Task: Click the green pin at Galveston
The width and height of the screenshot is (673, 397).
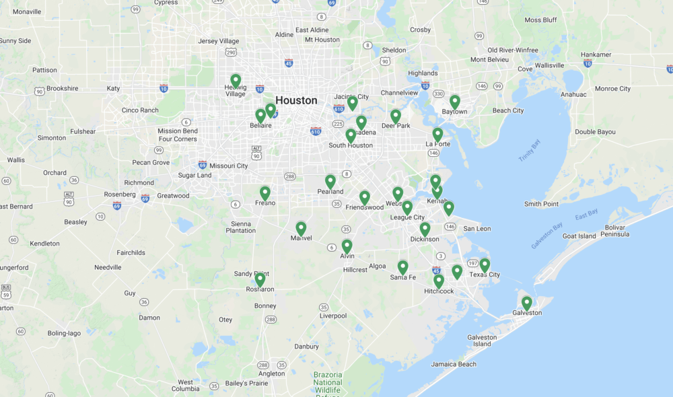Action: pos(526,302)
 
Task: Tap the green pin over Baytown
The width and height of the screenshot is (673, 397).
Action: pos(455,101)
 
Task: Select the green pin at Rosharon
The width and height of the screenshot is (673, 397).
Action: pos(260,279)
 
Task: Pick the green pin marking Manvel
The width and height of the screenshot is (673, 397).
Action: pos(301,228)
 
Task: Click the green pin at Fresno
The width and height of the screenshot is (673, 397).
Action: pos(265,192)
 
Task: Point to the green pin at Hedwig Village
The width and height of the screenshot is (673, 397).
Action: pos(236,80)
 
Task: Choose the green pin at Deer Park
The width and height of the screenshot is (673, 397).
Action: pos(396,116)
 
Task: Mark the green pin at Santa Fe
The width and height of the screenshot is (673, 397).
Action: pos(402,266)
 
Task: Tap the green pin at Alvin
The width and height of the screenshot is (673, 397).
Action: pos(347,246)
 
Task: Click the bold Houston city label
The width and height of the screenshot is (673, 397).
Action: pos(296,100)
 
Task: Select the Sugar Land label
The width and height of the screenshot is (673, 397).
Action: pos(194,176)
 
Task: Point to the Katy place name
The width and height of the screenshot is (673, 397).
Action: pos(113,88)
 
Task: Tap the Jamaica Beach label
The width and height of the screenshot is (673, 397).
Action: pos(454,364)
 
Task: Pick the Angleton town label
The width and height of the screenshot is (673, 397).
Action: pos(272,373)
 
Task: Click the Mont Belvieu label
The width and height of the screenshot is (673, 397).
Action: pos(488,59)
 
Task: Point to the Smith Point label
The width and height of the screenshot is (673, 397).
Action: pos(542,204)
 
